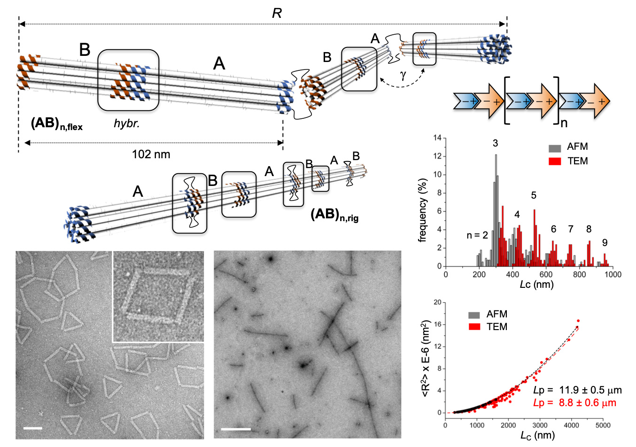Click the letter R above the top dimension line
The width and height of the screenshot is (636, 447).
(x=277, y=13)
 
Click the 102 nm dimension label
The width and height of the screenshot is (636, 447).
(x=151, y=154)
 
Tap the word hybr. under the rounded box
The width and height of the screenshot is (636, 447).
(x=127, y=124)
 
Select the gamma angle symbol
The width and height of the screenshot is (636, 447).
(x=403, y=75)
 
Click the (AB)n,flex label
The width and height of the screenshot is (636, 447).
(x=57, y=124)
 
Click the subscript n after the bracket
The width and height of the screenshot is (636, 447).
(x=564, y=123)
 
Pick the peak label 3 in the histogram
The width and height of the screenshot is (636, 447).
(x=495, y=143)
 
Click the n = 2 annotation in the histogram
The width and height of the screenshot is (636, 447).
(x=477, y=235)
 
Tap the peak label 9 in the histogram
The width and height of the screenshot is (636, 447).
(x=605, y=243)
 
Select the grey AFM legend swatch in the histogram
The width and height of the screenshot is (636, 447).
(x=555, y=148)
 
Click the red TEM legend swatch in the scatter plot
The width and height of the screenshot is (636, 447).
(x=474, y=327)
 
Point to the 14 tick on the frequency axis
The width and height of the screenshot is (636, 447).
(x=437, y=138)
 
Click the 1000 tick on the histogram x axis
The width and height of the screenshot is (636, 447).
(x=613, y=275)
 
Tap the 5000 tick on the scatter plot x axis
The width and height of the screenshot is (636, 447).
(x=603, y=425)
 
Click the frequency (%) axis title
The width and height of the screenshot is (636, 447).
(x=422, y=210)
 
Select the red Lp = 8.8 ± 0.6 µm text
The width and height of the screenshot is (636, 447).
(x=574, y=403)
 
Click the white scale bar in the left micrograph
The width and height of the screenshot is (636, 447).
(x=32, y=428)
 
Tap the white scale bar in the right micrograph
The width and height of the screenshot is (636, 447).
(x=236, y=429)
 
